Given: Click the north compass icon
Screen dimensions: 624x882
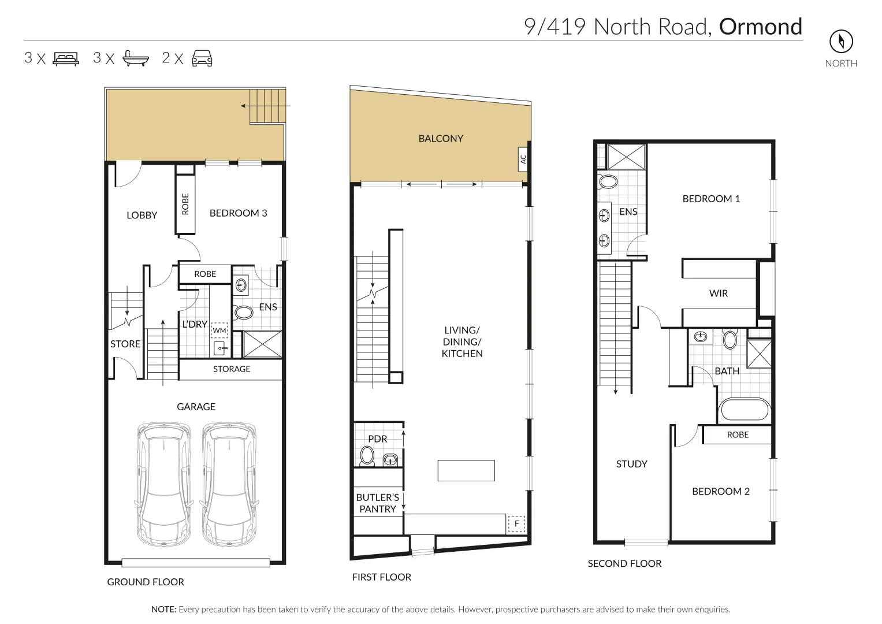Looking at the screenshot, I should click(841, 41).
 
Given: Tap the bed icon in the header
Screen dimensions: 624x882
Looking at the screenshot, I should click(66, 58).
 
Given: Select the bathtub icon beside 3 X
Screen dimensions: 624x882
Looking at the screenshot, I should click(136, 58).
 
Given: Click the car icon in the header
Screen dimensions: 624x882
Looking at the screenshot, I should click(202, 58).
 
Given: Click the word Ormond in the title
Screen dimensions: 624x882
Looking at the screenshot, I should click(760, 27).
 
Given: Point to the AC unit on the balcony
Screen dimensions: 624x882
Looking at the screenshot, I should click(523, 158).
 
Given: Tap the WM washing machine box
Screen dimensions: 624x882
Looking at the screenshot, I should click(219, 330).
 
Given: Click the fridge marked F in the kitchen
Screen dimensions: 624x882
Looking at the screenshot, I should click(516, 524).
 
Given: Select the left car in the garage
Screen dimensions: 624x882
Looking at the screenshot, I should click(163, 485).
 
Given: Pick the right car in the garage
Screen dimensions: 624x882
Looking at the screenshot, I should click(228, 485).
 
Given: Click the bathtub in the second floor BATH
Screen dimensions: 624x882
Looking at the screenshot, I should click(744, 411).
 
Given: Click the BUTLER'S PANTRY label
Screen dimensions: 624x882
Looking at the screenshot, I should click(378, 503).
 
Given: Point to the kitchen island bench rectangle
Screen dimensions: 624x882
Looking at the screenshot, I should click(466, 470).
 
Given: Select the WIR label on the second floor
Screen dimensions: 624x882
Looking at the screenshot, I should click(719, 294).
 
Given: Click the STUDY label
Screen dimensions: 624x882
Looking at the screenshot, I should click(631, 464).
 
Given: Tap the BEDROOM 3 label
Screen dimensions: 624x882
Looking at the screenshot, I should click(238, 213).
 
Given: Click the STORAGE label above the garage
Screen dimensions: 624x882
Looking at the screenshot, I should click(232, 369).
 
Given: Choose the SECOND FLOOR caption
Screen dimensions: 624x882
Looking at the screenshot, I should click(624, 563).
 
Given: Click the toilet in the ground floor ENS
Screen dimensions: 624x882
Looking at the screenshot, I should click(243, 313).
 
